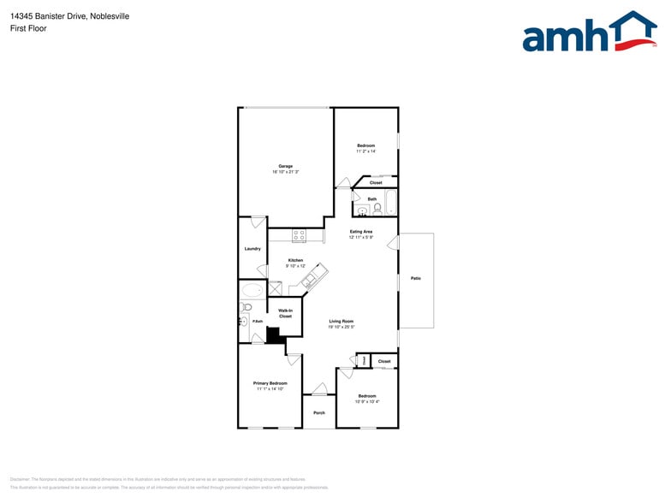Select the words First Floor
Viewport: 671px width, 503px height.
tap(29, 28)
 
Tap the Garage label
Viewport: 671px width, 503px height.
tap(285, 166)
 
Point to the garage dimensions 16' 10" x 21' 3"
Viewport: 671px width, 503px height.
tap(285, 172)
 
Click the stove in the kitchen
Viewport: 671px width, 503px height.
tap(299, 234)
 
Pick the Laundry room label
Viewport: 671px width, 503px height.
tap(252, 249)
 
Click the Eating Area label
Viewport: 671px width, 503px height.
tap(361, 232)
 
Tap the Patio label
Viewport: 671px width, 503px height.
tap(416, 278)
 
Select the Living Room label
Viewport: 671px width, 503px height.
tap(341, 321)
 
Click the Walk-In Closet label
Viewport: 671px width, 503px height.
tap(285, 313)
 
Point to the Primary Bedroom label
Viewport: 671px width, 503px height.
tap(270, 382)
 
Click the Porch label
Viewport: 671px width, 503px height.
tap(319, 413)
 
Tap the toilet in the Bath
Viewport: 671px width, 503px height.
tap(377, 208)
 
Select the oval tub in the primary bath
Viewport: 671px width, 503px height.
tap(252, 291)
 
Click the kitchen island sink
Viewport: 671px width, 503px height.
tap(310, 276)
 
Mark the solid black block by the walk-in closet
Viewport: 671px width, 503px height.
tap(274, 334)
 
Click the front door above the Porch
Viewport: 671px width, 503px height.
tap(319, 391)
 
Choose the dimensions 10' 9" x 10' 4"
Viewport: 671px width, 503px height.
tap(366, 402)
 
